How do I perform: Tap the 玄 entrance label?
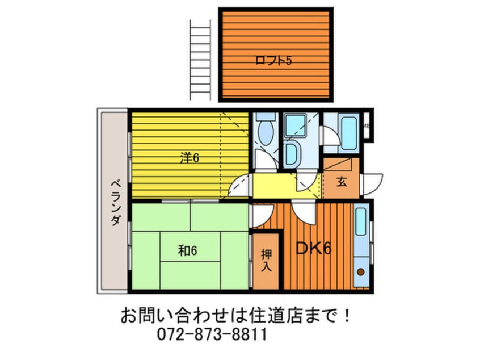342,182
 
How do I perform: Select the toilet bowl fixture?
264,131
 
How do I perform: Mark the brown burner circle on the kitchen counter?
360,273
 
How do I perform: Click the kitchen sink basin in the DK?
360,223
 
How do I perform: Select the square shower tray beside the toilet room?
294,125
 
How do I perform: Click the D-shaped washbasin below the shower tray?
291,153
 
